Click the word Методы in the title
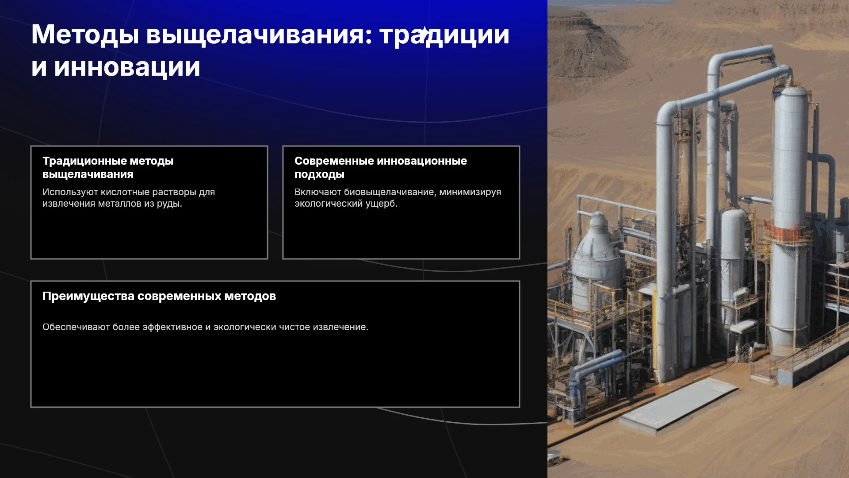point(85,35)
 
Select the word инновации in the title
point(127,67)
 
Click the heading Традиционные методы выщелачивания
point(108,167)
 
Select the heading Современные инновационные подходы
point(381,167)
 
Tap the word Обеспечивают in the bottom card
point(76,327)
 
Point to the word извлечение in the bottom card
point(340,327)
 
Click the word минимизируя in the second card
point(470,192)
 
